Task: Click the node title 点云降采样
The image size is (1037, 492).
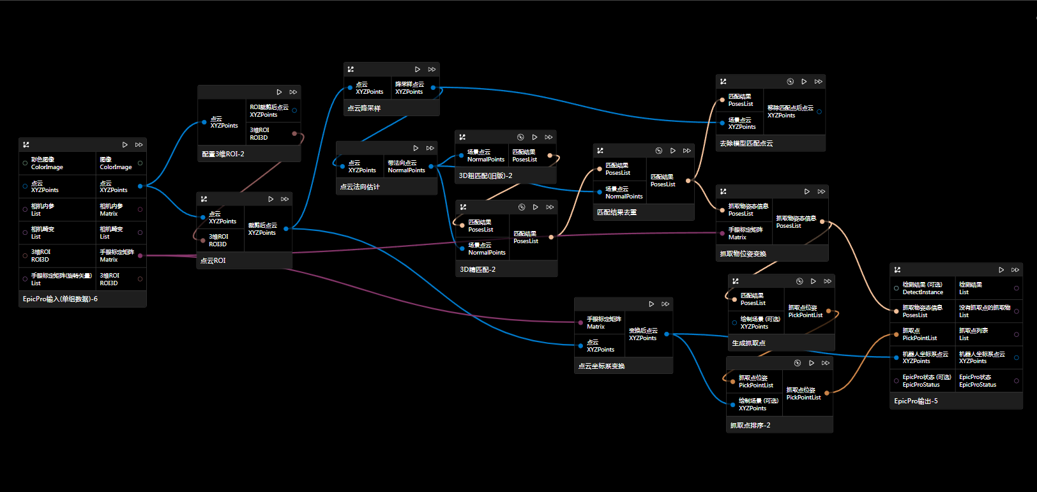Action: [x=364, y=108]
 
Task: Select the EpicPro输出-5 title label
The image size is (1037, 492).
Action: [x=916, y=401]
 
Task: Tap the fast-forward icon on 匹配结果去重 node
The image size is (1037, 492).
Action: [x=687, y=151]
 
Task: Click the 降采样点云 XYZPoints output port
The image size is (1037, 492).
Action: [x=433, y=88]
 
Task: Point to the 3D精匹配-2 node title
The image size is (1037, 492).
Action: [x=478, y=270]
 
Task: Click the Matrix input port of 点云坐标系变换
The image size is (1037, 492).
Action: [x=580, y=322]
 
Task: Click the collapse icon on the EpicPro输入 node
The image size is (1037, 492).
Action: [x=26, y=145]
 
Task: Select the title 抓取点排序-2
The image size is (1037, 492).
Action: [x=750, y=426]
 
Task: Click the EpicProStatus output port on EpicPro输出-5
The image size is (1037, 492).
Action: [x=1016, y=381]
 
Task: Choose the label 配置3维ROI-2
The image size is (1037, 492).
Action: [x=223, y=154]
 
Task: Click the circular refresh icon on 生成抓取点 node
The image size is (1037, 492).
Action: [x=799, y=281]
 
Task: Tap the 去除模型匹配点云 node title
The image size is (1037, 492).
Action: [x=746, y=144]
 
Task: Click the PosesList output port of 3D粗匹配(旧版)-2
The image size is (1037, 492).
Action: [x=550, y=155]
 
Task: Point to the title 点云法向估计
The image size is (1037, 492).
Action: [x=360, y=187]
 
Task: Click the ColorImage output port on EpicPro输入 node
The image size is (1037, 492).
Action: [x=140, y=163]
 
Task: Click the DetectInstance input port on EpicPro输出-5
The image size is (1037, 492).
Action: [x=896, y=288]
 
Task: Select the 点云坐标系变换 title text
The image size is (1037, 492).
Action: [x=602, y=366]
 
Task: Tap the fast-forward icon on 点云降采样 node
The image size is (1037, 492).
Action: [x=432, y=70]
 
